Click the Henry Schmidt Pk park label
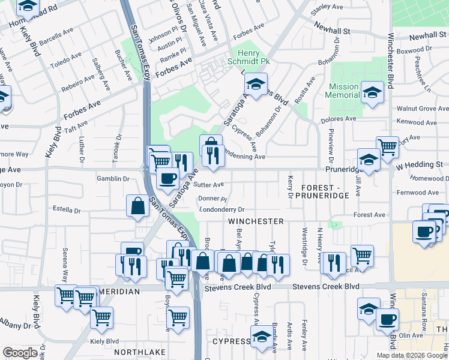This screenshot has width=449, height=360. pyautogui.click(x=251, y=57)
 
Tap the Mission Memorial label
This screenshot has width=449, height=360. pyautogui.click(x=342, y=91)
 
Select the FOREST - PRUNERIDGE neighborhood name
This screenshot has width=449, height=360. pyautogui.click(x=325, y=191)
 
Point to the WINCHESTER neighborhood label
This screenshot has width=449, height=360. pyautogui.click(x=255, y=221)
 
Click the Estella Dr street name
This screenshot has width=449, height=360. pyautogui.click(x=67, y=211)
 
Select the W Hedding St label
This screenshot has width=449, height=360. pyautogui.click(x=418, y=164)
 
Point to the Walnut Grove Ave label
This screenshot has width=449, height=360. pyautogui.click(x=422, y=109)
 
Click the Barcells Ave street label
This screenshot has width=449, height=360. pyautogui.click(x=55, y=46)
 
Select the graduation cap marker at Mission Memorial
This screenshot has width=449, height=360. pyautogui.click(x=372, y=92)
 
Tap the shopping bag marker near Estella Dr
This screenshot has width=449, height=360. pyautogui.click(x=138, y=206)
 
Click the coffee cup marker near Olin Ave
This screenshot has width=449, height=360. pyautogui.click(x=388, y=319)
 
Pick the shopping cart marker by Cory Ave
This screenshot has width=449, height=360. pyautogui.click(x=387, y=146)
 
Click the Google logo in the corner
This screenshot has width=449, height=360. pyautogui.click(x=20, y=353)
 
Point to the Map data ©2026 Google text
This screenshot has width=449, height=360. pyautogui.click(x=412, y=355)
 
